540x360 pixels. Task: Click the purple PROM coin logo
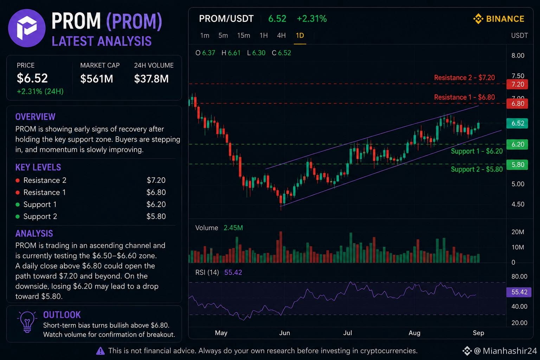tap(27, 28)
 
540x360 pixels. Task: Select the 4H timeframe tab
tap(281, 36)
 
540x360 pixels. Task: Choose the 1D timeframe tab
tap(300, 36)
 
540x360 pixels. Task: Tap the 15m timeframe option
tap(244, 36)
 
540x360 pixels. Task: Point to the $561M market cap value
tap(97, 79)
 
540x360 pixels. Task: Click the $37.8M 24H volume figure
tap(151, 79)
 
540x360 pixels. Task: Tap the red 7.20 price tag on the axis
tap(517, 84)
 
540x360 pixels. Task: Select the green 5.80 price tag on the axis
tap(517, 165)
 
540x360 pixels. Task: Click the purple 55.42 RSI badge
tap(519, 292)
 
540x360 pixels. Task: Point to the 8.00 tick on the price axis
tap(518, 56)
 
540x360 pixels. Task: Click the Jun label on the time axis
tap(284, 333)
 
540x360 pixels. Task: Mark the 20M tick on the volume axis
tap(518, 232)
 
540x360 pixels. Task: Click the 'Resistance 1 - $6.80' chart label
tap(464, 97)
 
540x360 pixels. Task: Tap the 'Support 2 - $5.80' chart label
tap(477, 169)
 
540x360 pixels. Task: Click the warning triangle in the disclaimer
tap(100, 351)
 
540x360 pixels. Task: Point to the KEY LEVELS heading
tap(38, 167)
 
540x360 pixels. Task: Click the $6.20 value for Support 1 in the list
tap(156, 205)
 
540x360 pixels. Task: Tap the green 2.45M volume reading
tap(233, 228)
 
